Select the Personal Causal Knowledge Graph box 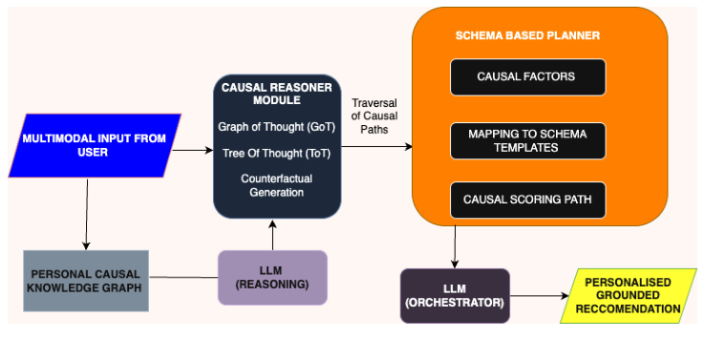86,280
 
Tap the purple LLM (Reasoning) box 272,277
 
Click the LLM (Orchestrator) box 455,295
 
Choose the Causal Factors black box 528,76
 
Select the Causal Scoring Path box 528,200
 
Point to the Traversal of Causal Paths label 375,116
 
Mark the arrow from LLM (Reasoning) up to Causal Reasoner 273,233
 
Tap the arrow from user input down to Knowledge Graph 87,213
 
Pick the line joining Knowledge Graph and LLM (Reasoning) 183,278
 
